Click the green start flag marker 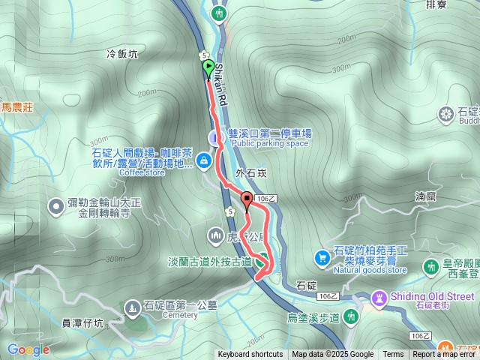click(208, 67)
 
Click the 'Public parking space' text click(270, 143)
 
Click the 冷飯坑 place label click(122, 54)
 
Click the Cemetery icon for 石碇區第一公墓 click(132, 307)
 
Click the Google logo click(28, 349)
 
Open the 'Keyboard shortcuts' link click(250, 355)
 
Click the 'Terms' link click(393, 355)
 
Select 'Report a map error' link click(445, 355)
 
